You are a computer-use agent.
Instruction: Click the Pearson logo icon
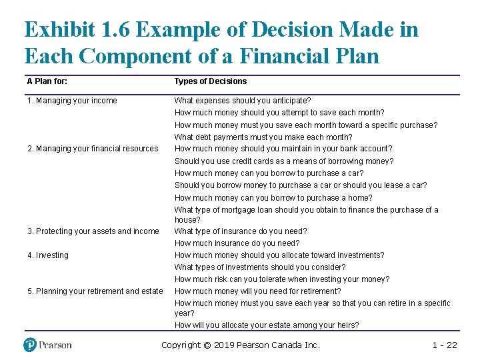click(31, 345)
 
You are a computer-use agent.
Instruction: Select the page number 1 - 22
click(445, 345)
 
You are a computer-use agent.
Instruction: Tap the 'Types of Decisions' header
click(211, 81)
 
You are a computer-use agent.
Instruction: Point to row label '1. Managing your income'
click(72, 101)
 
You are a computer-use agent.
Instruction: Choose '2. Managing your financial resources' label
click(93, 149)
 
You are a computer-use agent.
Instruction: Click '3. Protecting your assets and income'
click(93, 231)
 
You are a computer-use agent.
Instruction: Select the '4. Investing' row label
click(47, 255)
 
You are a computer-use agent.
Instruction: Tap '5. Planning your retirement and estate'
click(95, 291)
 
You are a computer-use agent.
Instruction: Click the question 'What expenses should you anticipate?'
click(243, 101)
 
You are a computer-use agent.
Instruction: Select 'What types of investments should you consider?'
click(260, 267)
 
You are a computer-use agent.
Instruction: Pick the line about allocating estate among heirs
click(267, 325)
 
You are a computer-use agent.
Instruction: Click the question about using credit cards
click(284, 161)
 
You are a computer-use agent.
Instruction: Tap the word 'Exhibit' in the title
click(62, 30)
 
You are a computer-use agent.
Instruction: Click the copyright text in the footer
click(241, 345)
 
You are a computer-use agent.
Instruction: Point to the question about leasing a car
click(301, 185)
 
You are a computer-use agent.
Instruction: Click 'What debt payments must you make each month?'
click(263, 137)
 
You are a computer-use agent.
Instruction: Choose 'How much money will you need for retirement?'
click(257, 291)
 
